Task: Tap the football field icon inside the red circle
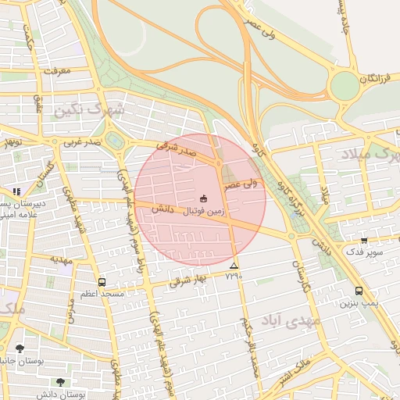coord(204,198)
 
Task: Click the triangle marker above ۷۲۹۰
coord(234,266)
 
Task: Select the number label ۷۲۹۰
coord(234,277)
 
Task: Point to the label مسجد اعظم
coord(102,294)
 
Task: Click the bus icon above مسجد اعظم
coord(102,282)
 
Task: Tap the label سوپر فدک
coord(366,253)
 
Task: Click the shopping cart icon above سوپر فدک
coord(364,241)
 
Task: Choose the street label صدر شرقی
coord(173,147)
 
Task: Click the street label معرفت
coord(58,70)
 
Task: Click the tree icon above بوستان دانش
coord(60,382)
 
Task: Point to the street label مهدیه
coord(61,258)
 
